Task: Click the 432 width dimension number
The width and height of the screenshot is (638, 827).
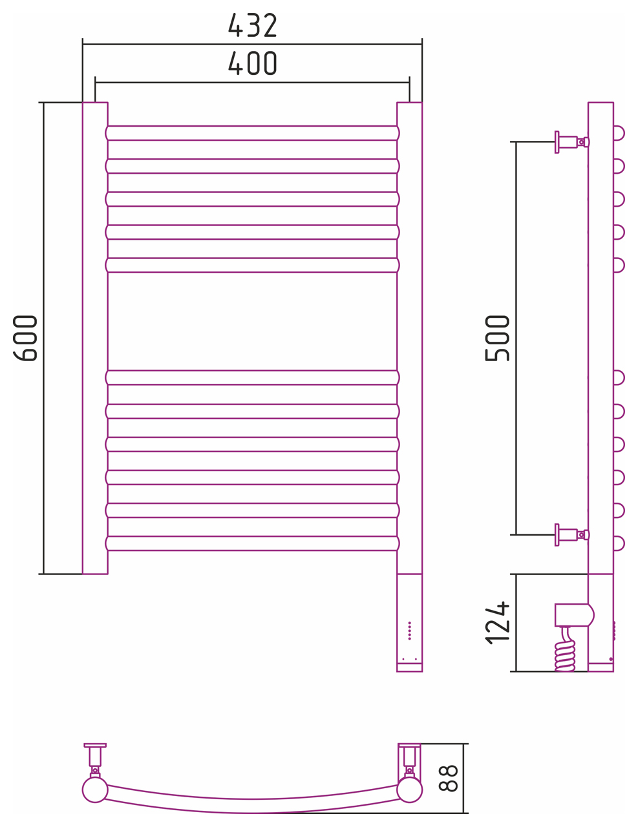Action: (x=252, y=25)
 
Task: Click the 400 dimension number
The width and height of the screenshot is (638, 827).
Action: (x=252, y=63)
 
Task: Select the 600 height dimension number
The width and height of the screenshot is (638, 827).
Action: (x=25, y=338)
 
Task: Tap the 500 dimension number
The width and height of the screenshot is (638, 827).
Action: (x=497, y=338)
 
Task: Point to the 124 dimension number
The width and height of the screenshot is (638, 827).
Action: (x=497, y=623)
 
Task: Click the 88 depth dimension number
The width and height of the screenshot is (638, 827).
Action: (x=448, y=778)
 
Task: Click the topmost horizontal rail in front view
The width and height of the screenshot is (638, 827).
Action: (x=252, y=133)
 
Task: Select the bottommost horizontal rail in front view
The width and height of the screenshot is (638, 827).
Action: (x=252, y=543)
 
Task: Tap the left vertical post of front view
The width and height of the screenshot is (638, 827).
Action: (x=95, y=338)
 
